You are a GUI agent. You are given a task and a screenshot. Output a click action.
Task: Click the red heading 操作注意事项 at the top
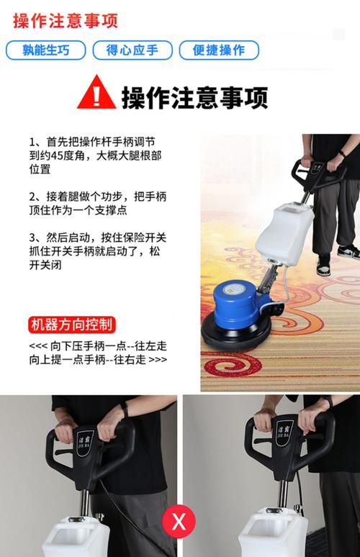[x=66, y=21]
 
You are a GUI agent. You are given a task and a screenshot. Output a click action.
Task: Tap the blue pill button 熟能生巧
[x=46, y=50]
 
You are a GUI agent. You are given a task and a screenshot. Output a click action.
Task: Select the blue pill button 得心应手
[x=132, y=50]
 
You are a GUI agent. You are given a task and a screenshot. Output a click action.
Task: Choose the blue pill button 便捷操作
[x=219, y=50]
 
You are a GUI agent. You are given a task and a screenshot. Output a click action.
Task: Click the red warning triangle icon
[x=96, y=92]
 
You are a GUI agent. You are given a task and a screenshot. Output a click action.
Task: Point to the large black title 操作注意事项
[x=194, y=97]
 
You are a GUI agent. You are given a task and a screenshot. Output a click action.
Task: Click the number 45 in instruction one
[x=57, y=155]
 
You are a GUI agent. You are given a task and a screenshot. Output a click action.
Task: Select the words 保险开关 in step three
[x=144, y=237]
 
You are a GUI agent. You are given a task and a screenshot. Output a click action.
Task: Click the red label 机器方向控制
[x=72, y=325]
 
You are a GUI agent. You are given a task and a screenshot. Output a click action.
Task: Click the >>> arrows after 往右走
[x=158, y=360]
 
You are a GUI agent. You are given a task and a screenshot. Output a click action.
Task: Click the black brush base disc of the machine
[x=236, y=332]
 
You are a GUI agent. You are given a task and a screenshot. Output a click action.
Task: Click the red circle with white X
[x=179, y=522]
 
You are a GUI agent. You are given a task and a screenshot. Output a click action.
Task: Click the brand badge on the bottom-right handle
[x=283, y=430]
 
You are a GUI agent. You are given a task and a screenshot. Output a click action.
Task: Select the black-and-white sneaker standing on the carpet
[x=348, y=251]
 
